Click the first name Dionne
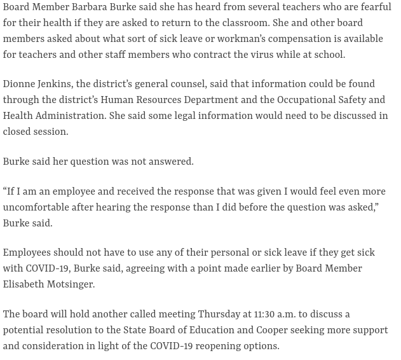[20, 85]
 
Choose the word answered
[172, 162]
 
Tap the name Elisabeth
[24, 284]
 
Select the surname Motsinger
[71, 284]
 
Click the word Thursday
[219, 315]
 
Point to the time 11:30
[267, 315]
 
